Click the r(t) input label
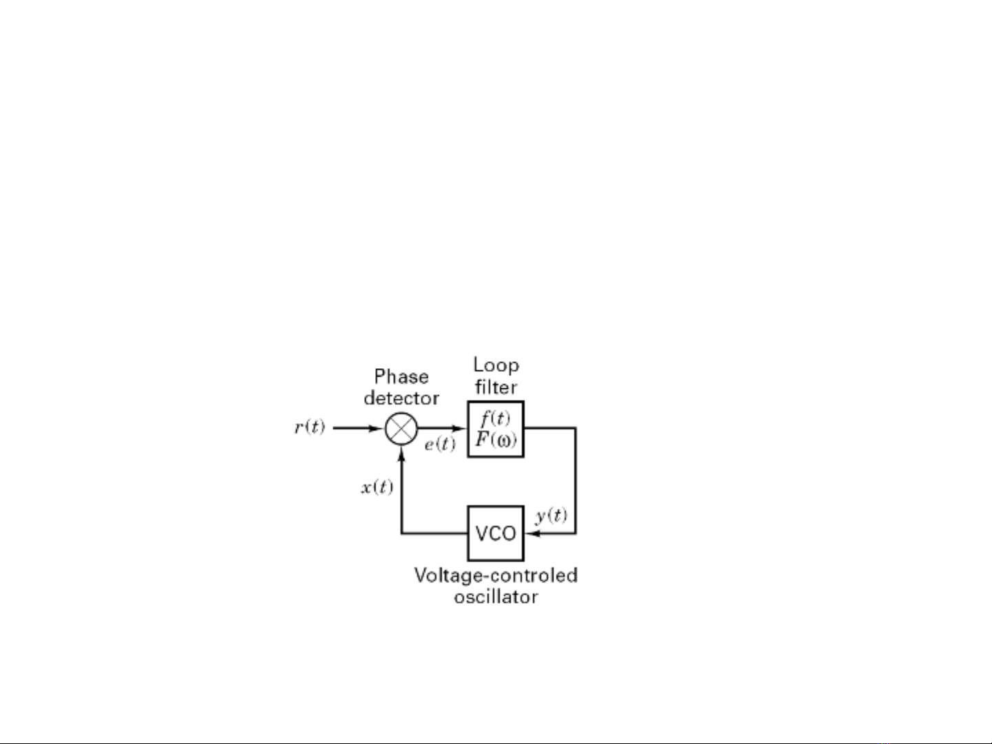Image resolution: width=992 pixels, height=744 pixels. [310, 427]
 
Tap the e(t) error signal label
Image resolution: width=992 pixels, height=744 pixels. [440, 445]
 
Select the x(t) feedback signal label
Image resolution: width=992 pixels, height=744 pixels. [377, 487]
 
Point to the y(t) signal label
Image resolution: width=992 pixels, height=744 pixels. [551, 516]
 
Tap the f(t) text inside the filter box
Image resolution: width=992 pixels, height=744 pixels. [496, 418]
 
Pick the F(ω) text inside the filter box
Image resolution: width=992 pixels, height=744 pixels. [496, 439]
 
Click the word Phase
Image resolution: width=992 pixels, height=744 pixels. [401, 376]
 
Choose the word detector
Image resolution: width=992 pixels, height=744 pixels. [401, 398]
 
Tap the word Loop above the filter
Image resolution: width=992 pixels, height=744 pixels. [496, 365]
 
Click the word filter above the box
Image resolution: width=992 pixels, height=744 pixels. [496, 387]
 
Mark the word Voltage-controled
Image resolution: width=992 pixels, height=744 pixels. [496, 575]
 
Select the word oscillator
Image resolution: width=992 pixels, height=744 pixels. [496, 597]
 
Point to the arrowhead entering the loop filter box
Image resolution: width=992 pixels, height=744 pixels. [459, 428]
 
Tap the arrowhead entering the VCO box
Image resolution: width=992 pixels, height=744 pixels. [533, 533]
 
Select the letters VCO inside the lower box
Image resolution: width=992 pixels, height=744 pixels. [496, 533]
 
